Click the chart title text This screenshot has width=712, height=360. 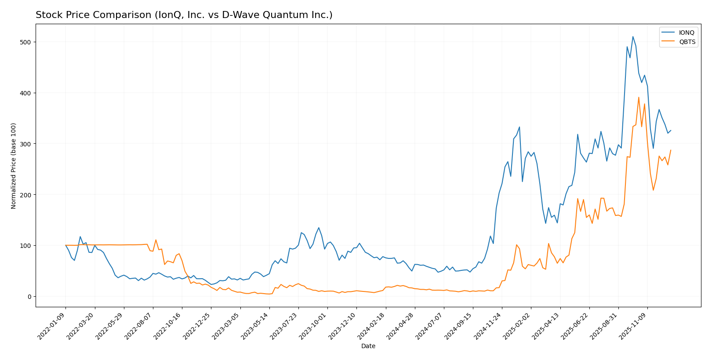[184, 15]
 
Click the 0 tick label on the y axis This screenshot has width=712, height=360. [29, 297]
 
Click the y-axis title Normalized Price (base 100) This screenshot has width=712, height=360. [14, 166]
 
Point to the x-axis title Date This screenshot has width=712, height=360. [368, 346]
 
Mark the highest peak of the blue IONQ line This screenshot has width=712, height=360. [633, 36]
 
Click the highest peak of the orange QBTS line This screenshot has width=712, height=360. [639, 98]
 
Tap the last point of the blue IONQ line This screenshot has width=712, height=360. [671, 130]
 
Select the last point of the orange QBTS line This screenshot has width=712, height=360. [671, 150]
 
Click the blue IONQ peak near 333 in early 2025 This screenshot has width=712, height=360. [519, 127]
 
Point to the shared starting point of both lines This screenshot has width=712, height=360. [65, 245]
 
